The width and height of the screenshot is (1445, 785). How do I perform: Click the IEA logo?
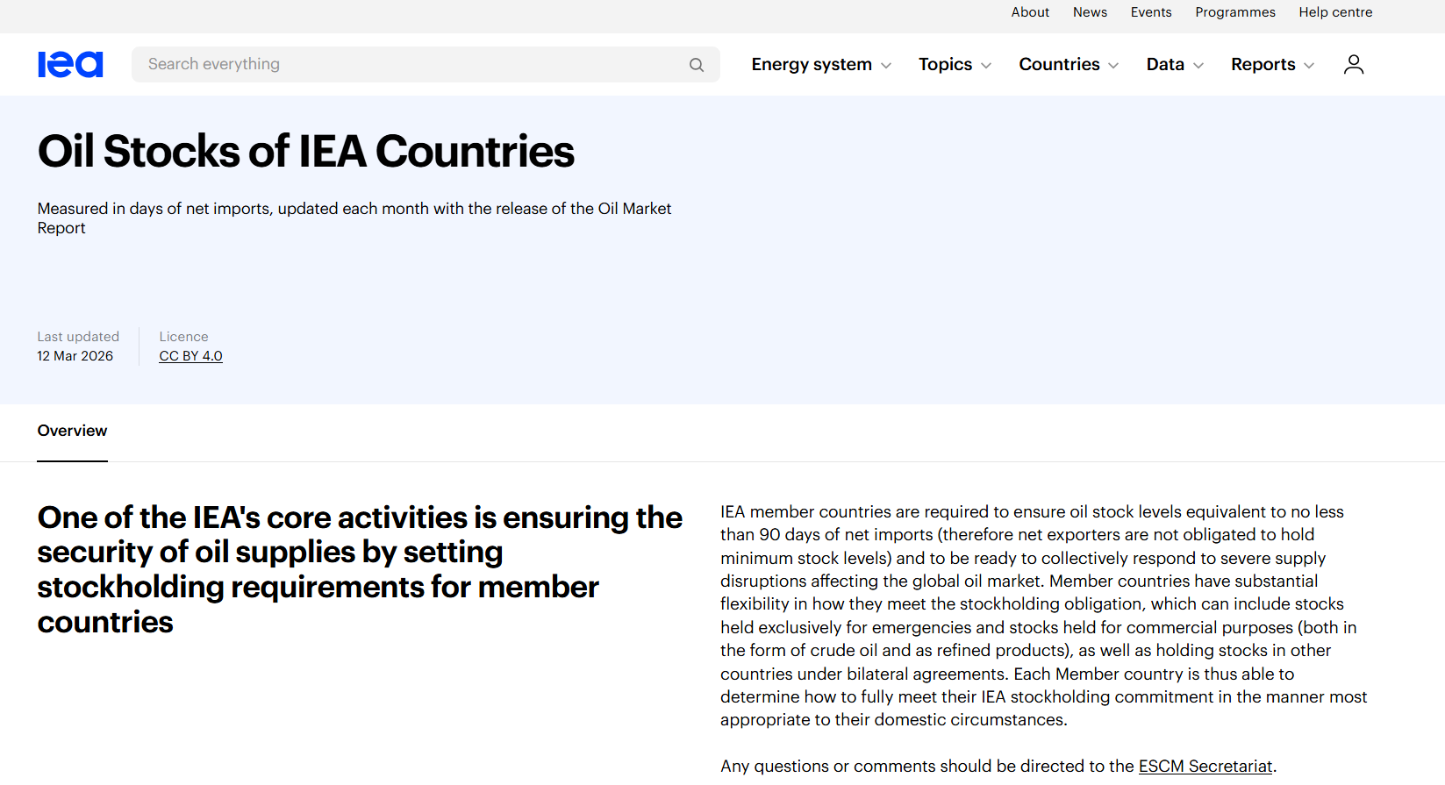[x=70, y=64]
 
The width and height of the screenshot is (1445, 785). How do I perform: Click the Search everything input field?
[x=412, y=64]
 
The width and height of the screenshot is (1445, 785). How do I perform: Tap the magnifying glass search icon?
[x=697, y=65]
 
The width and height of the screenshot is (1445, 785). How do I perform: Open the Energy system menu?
[x=820, y=65]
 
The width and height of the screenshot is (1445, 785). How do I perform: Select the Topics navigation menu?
[x=955, y=65]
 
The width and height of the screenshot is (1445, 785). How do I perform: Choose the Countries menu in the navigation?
[x=1068, y=65]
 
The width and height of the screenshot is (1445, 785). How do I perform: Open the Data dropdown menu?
[x=1174, y=65]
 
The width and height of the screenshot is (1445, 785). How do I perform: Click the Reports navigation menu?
[x=1272, y=65]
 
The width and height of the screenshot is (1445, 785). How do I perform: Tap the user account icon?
[x=1354, y=65]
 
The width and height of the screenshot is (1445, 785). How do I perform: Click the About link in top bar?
[x=1030, y=12]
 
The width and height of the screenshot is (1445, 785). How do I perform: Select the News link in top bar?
[x=1090, y=12]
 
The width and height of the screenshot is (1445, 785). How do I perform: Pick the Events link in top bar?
[x=1151, y=12]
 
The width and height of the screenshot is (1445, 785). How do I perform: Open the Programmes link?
[x=1235, y=12]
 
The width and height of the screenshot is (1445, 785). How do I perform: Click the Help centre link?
[x=1335, y=12]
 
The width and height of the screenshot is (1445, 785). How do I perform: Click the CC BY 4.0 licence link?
[x=190, y=356]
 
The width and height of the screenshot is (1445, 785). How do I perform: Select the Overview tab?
[x=72, y=431]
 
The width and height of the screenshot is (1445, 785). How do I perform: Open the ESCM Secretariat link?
[x=1205, y=767]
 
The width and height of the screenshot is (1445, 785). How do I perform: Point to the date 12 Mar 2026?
[x=75, y=356]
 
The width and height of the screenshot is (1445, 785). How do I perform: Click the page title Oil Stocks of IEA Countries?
[x=305, y=152]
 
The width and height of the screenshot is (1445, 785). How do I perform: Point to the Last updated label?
[x=78, y=337]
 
